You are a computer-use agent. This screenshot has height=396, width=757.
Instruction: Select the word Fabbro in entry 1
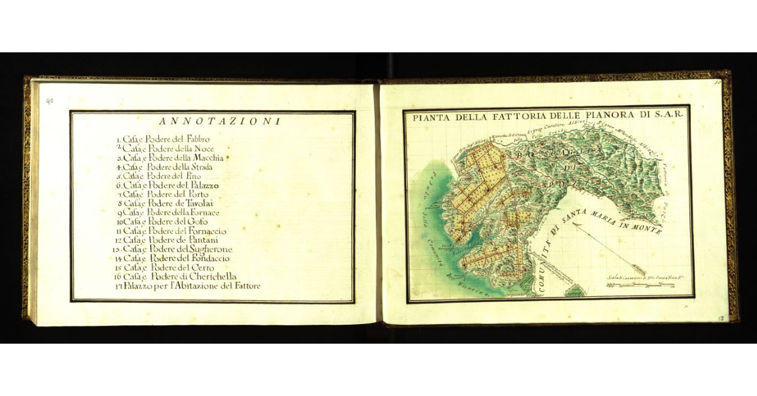197,138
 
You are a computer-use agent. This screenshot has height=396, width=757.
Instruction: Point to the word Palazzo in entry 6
202,186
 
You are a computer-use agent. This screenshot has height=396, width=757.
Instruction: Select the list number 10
119,222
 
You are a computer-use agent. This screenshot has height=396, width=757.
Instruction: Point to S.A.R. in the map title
672,115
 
